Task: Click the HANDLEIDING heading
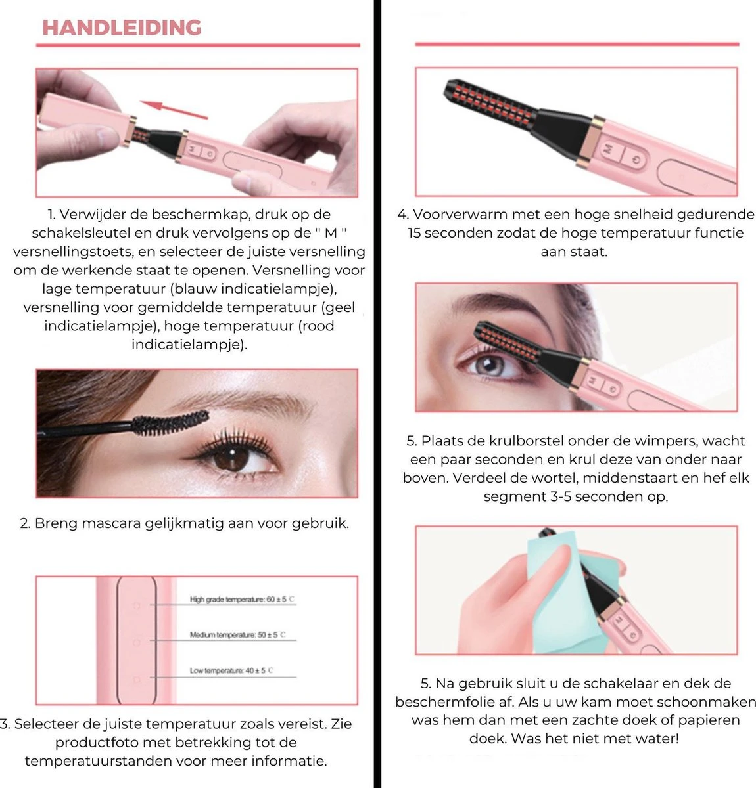122,28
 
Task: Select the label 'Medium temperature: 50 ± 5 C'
237,635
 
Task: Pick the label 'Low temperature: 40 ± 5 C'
231,670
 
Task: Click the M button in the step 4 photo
608,149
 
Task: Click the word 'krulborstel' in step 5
524,441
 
